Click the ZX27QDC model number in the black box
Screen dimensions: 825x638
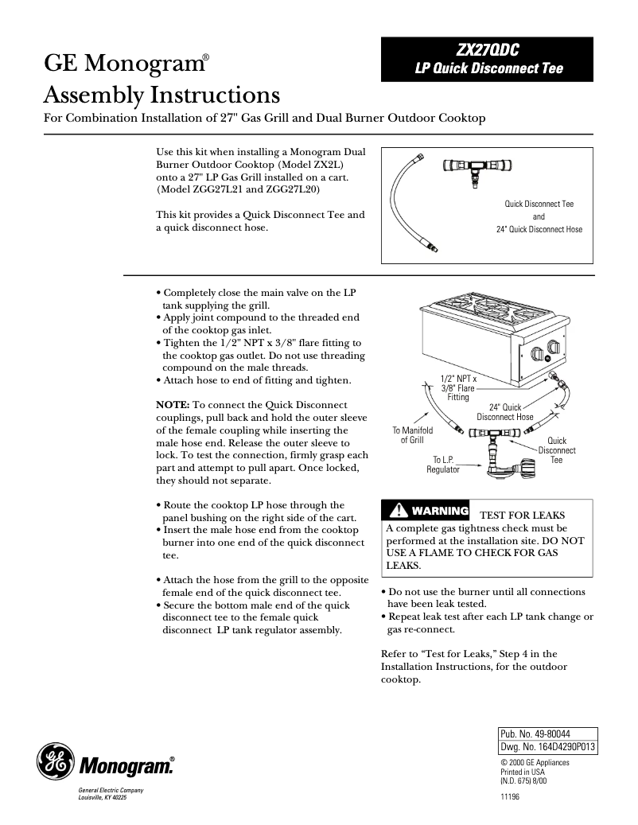coord(488,50)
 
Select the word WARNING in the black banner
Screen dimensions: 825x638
coord(440,510)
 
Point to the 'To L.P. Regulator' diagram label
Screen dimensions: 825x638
coord(443,465)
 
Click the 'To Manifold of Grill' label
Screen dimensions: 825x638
coord(412,435)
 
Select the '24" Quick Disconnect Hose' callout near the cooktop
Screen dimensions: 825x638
coord(505,412)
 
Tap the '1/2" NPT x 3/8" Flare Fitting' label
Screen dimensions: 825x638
coord(458,388)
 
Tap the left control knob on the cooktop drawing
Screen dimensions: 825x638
coord(533,352)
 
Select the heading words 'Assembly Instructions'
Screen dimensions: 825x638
coord(161,96)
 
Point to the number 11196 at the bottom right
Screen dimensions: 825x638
coord(510,797)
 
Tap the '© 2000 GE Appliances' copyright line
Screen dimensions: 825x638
coord(535,762)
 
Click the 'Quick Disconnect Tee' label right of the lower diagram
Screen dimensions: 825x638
coord(557,450)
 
